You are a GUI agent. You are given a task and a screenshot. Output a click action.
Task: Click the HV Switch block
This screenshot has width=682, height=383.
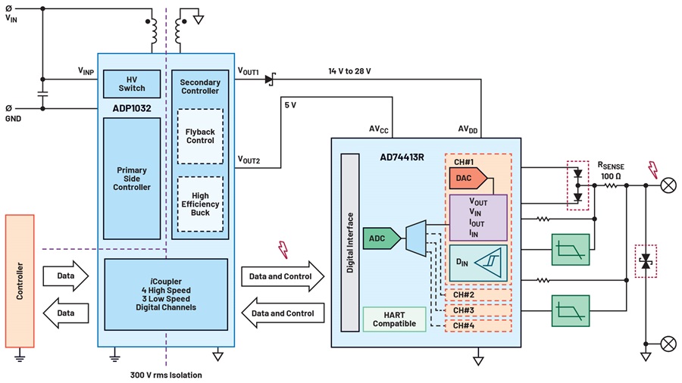coord(132,84)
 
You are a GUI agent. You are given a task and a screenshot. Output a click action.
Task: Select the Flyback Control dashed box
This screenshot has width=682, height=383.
coord(200,136)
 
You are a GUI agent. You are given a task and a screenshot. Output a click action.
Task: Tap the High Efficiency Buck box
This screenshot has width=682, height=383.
coord(200,204)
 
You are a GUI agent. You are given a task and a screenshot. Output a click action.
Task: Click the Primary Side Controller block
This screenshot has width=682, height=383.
coord(132,179)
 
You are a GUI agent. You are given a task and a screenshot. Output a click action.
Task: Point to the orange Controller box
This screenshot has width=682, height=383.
coord(20,281)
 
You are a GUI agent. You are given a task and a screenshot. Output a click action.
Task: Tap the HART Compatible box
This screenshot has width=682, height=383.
coord(394,319)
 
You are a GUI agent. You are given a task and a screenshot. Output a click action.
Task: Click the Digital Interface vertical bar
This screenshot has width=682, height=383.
coord(350,242)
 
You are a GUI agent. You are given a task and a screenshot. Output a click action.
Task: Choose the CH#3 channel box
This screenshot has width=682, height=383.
coord(478,310)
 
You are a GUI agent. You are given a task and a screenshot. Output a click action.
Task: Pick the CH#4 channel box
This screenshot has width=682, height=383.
coord(478,325)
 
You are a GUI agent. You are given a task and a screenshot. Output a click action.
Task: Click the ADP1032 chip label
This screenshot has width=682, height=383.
coord(132,108)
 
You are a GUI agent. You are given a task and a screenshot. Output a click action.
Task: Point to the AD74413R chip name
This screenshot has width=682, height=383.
coord(402,157)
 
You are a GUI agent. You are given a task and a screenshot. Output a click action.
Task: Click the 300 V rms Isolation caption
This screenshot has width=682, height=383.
coord(166,375)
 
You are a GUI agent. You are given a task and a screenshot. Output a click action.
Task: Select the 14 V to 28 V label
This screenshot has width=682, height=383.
coord(349,71)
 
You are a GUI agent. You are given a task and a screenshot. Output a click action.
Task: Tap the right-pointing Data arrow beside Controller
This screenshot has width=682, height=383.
coord(66,276)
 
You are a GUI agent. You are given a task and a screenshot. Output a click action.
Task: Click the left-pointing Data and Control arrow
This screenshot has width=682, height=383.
coord(283,313)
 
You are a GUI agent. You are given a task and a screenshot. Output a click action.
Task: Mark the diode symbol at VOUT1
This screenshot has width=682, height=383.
coord(270,79)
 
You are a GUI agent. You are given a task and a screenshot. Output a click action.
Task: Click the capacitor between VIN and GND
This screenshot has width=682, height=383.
coord(42,94)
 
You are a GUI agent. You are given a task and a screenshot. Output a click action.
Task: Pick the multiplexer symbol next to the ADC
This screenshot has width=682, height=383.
coord(416,238)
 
